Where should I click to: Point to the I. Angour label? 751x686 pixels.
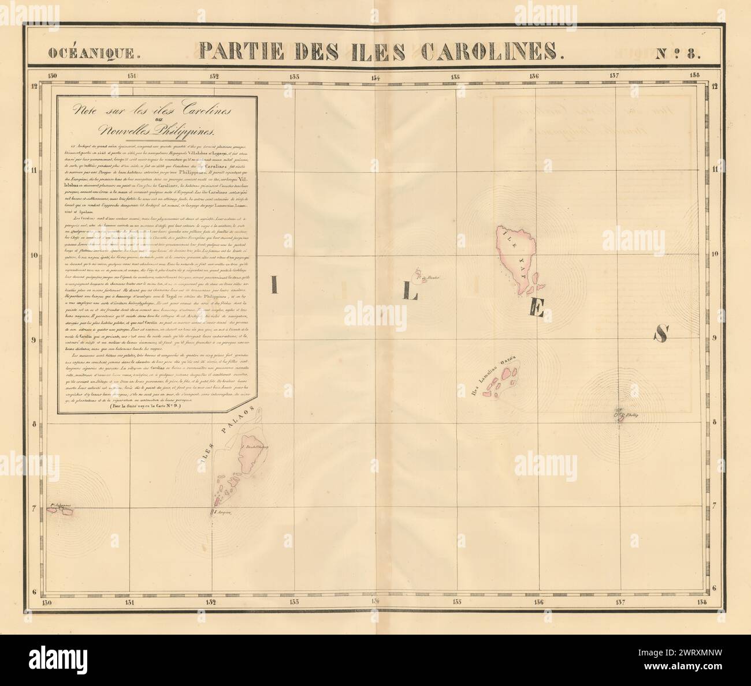click(x=222, y=512)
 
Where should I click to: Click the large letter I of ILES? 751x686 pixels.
click(x=275, y=285)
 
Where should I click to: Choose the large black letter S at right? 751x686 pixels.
click(x=661, y=333)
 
